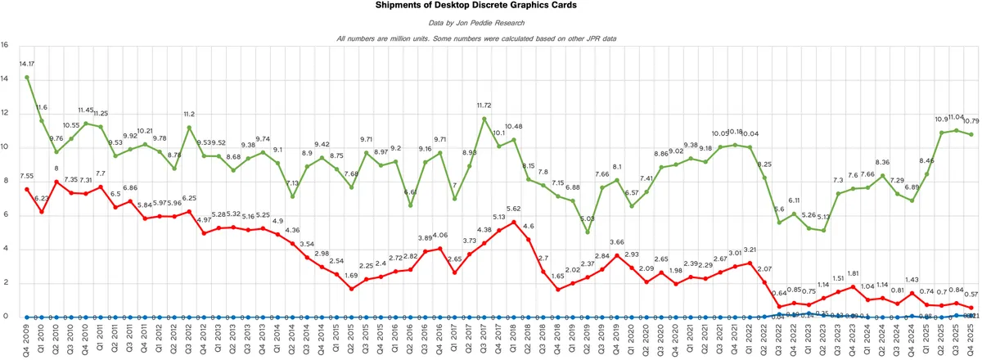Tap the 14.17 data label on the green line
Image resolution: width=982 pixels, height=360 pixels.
coord(28,63)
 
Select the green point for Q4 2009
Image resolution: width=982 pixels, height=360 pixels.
coord(28,77)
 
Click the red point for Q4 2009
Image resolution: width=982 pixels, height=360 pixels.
coord(28,189)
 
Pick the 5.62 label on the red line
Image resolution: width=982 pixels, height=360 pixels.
coord(514,209)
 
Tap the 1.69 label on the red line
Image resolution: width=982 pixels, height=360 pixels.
coord(351,275)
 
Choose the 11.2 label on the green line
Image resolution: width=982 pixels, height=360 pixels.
coord(189,115)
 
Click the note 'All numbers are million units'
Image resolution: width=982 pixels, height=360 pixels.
coord(491,38)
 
